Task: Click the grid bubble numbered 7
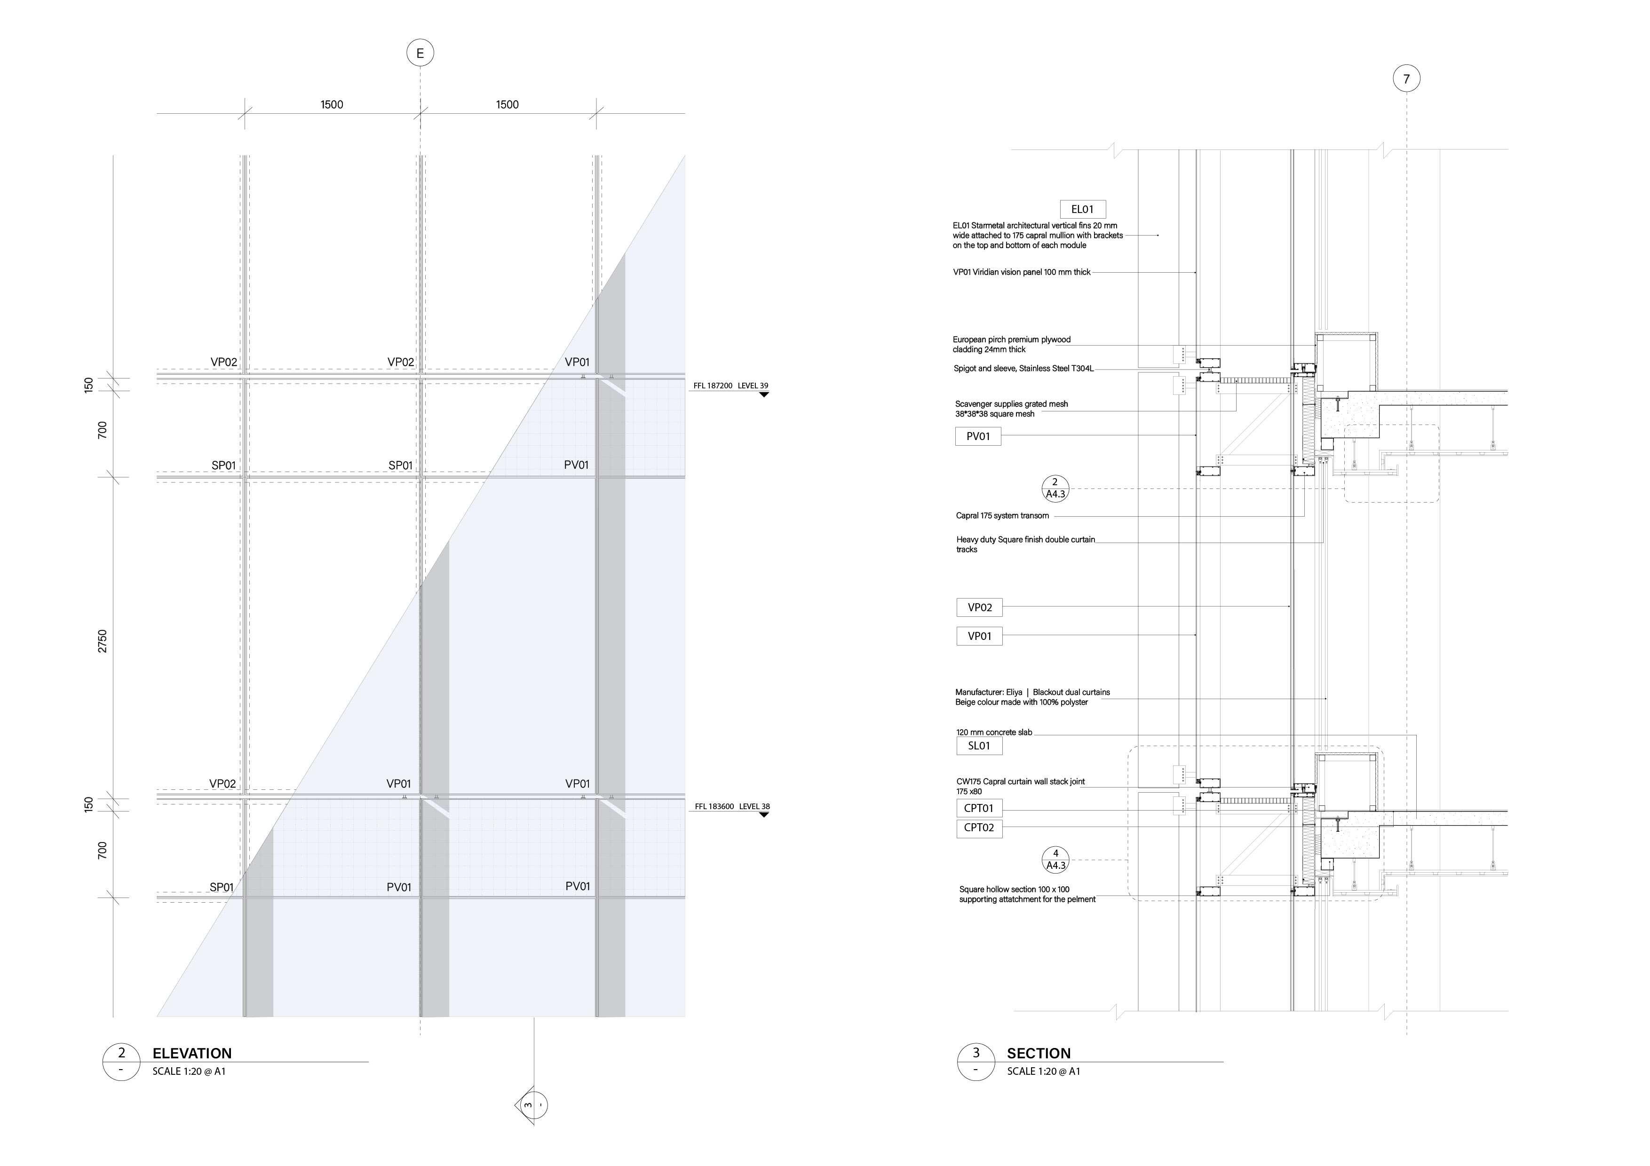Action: (x=1406, y=79)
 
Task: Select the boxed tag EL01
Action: (x=1082, y=210)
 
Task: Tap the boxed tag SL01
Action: (x=979, y=746)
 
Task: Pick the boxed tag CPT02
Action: (x=979, y=827)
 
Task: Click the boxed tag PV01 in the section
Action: (x=978, y=436)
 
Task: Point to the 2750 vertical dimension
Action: (x=102, y=641)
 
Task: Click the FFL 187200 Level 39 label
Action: (x=730, y=386)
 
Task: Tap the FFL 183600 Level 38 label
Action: (x=731, y=807)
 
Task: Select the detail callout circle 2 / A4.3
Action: (x=1055, y=488)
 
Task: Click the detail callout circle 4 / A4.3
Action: (x=1055, y=860)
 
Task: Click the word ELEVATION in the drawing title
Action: (x=192, y=1053)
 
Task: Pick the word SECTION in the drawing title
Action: (x=1039, y=1053)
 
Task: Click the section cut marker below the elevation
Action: (x=532, y=1104)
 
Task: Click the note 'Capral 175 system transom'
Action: (x=1002, y=516)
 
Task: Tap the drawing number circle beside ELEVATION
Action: (x=121, y=1062)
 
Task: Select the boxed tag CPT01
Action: (x=979, y=808)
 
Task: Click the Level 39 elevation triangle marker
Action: (x=764, y=394)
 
